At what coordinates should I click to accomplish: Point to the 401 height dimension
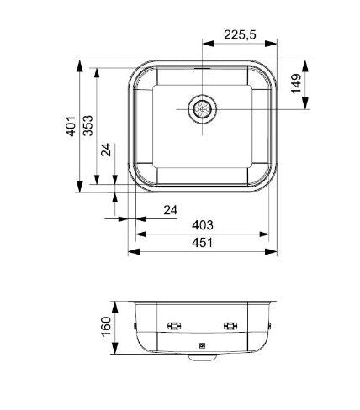(71, 127)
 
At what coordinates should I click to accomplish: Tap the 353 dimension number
(87, 126)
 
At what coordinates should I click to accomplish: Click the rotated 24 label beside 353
(107, 151)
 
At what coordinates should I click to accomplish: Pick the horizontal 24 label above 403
(171, 209)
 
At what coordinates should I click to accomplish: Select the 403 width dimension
(202, 224)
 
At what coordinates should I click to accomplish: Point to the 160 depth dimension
(107, 325)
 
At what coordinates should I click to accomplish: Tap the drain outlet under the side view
(202, 356)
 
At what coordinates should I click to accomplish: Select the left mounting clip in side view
(174, 325)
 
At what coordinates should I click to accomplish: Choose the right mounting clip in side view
(230, 325)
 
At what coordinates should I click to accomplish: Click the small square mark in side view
(202, 344)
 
